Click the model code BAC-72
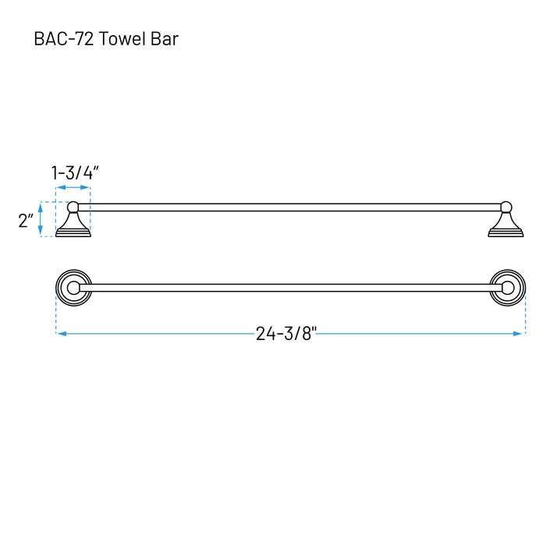click(64, 39)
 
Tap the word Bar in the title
click(165, 39)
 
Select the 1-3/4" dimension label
click(75, 172)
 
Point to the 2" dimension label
click(26, 221)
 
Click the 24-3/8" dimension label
click(286, 334)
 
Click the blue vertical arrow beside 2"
click(41, 219)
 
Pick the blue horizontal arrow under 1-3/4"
click(73, 187)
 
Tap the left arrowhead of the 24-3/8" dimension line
click(62, 334)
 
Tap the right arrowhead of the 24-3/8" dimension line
click(518, 334)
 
